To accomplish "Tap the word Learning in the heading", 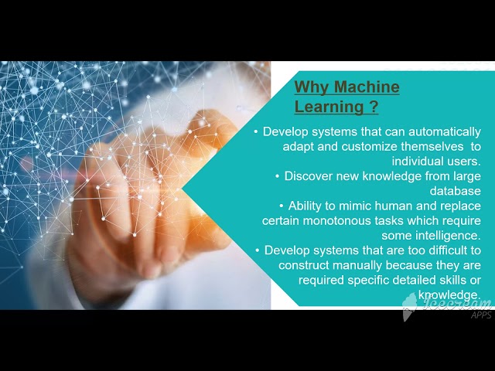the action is (329, 107).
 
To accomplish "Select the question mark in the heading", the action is (373, 107).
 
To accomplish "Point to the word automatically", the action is (445, 132).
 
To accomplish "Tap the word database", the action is (456, 191).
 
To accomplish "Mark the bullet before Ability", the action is (282, 206).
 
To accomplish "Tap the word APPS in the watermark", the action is (481, 315).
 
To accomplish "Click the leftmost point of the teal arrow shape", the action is (183, 189).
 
